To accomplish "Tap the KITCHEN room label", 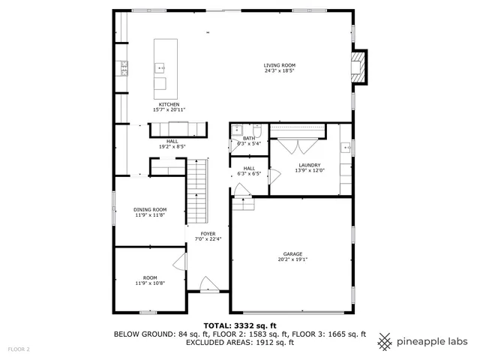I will pos(168,104).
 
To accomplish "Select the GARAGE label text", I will pos(292,254).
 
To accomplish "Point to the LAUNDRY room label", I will pos(310,165).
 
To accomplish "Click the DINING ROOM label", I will pos(150,210).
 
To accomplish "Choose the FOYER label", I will pos(208,234).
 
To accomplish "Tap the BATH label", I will pos(249,138).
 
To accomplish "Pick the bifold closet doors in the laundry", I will pos(297,146).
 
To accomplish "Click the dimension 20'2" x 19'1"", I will pos(292,260).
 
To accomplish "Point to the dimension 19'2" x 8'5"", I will pos(172,147).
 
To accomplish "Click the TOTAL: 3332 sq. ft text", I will pos(240,325).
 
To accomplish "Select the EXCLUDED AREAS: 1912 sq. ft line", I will pos(240,342).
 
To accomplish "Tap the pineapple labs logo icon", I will pos(385,341).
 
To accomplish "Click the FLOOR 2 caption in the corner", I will pos(19,349).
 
